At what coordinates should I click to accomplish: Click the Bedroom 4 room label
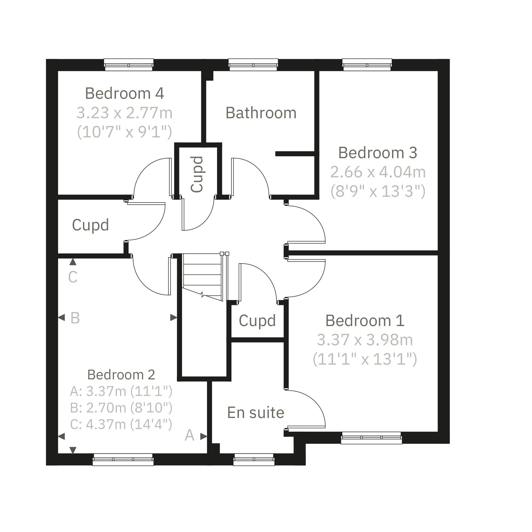click(x=125, y=93)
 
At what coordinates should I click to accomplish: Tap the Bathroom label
click(x=261, y=113)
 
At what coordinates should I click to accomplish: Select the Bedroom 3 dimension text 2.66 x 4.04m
click(x=378, y=172)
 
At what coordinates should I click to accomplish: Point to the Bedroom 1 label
click(x=365, y=321)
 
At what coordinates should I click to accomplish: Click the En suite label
click(x=256, y=413)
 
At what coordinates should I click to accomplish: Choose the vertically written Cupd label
click(x=197, y=174)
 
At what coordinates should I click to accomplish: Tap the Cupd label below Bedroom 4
click(x=90, y=225)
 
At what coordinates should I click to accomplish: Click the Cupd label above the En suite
click(x=257, y=321)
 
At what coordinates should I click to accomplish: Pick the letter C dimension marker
click(x=73, y=277)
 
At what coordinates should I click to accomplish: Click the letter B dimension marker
click(x=75, y=318)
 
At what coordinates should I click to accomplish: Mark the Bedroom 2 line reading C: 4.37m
click(x=121, y=424)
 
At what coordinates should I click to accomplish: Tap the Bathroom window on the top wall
click(x=253, y=65)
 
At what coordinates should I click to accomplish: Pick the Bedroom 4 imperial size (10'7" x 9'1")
click(x=125, y=132)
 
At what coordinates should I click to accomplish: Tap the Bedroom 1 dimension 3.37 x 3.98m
click(x=365, y=340)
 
